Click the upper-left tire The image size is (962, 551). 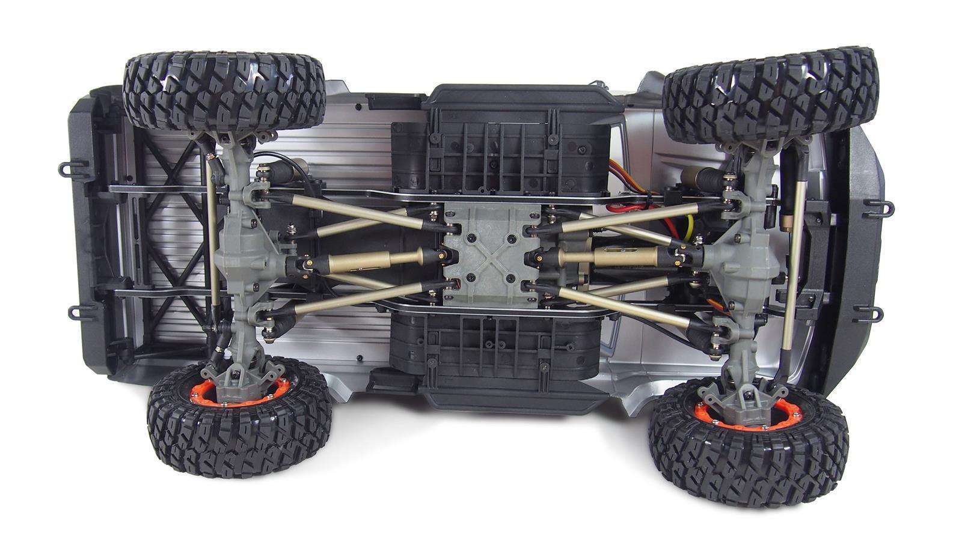click(x=224, y=90)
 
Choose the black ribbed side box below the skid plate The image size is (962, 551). click(x=493, y=349)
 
